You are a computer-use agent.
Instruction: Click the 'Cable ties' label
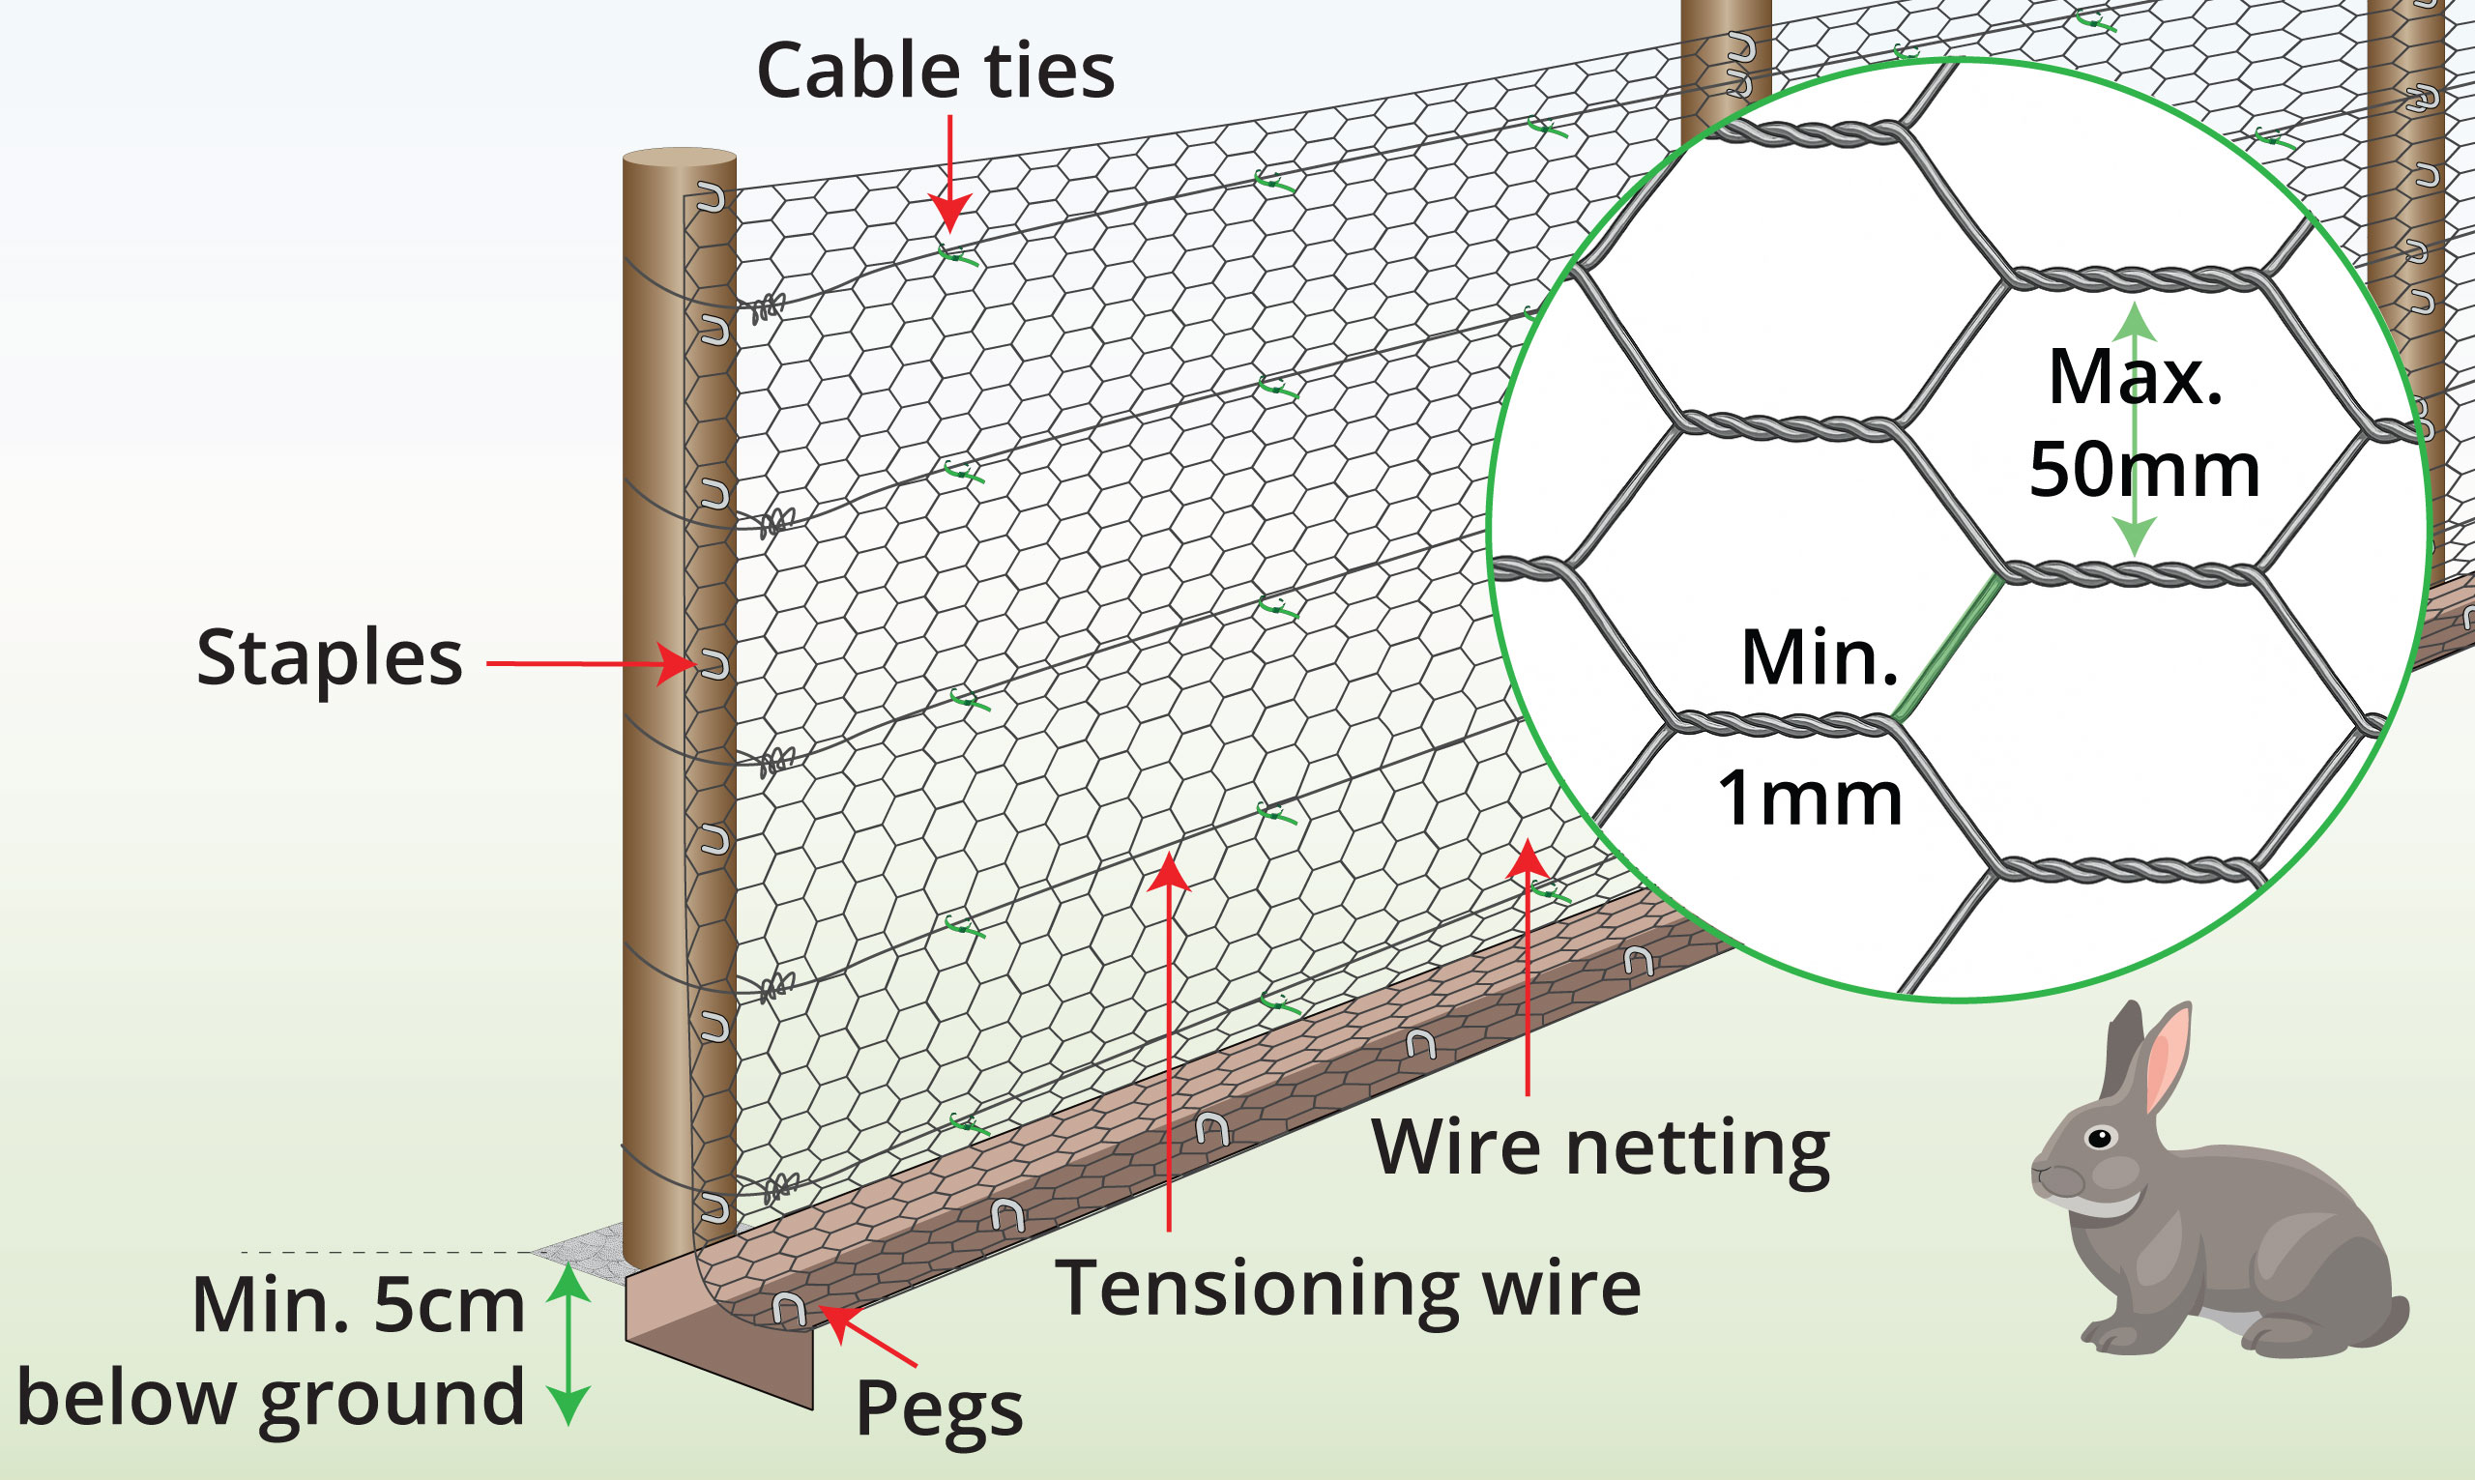(x=934, y=72)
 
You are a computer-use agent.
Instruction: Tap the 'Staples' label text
(x=329, y=658)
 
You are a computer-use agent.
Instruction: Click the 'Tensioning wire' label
(x=1347, y=1289)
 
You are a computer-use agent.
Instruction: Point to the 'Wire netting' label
(x=1600, y=1147)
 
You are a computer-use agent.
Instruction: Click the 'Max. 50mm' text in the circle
(x=2142, y=423)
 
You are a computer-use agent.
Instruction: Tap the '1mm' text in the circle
(x=1810, y=798)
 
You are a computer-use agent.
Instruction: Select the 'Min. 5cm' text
(x=358, y=1305)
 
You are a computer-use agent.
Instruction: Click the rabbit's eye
(x=2099, y=1138)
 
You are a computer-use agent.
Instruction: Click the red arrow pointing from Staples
(x=589, y=663)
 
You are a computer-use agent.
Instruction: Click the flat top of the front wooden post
(x=679, y=159)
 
